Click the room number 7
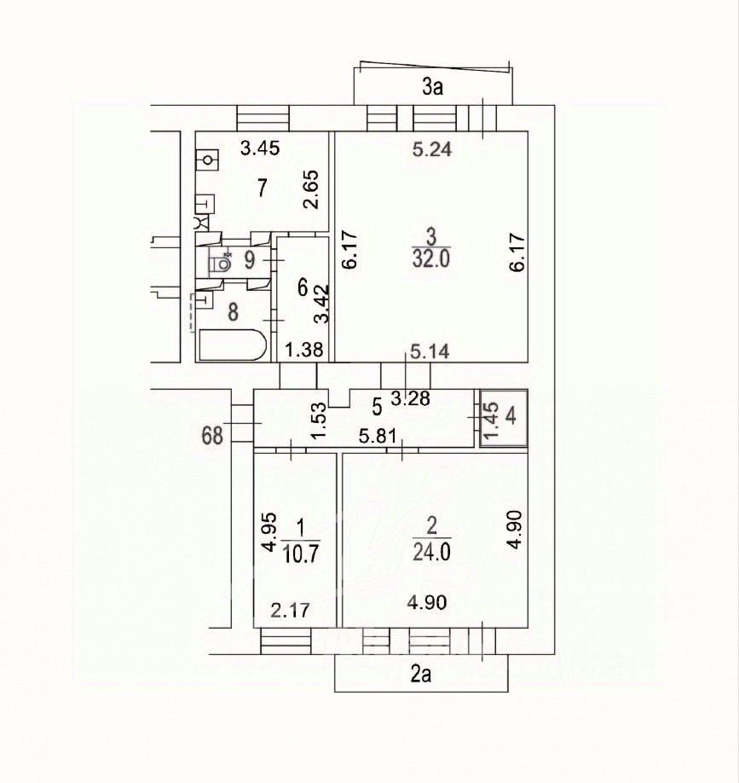point(263,187)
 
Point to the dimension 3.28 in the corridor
point(409,398)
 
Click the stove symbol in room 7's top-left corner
point(207,159)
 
